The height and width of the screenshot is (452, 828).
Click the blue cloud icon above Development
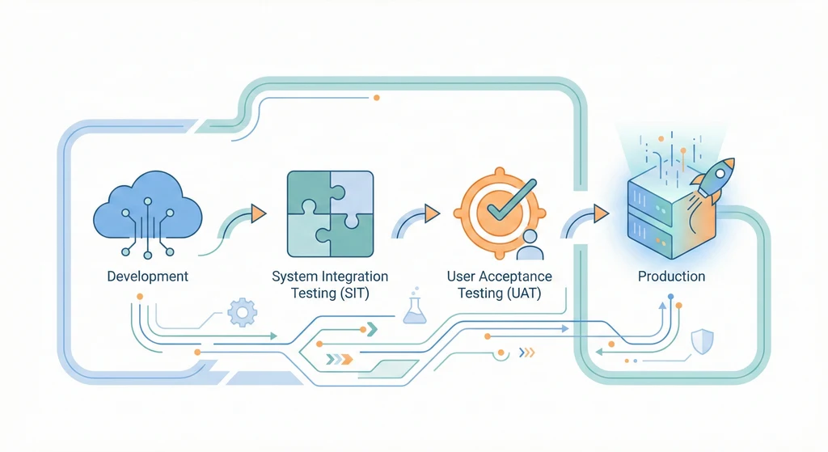tap(147, 212)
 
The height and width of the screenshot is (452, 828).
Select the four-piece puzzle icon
tap(331, 213)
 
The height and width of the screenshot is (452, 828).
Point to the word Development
tap(147, 277)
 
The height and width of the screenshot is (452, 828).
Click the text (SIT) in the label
tap(353, 294)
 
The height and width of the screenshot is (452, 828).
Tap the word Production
tap(671, 277)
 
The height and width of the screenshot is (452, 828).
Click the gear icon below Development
tap(241, 311)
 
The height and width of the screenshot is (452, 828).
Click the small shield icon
tap(703, 341)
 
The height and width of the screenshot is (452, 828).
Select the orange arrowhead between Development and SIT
tap(258, 213)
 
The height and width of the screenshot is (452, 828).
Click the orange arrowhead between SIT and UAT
tap(432, 213)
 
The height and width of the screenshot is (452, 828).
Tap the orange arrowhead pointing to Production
tap(599, 213)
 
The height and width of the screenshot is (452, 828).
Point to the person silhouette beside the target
tap(530, 243)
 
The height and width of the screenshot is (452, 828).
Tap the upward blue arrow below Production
tap(661, 308)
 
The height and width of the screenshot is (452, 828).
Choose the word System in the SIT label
tap(295, 277)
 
